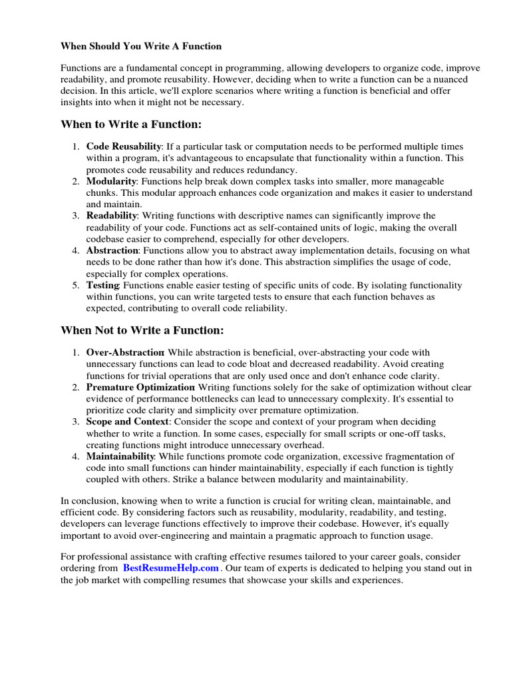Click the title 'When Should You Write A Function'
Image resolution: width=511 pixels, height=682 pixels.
coord(141,46)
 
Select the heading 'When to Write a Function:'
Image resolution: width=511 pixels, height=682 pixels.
coord(130,125)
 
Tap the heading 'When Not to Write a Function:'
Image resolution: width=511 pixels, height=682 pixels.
coord(142,330)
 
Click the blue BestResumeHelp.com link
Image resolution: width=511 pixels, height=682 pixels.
coord(171,568)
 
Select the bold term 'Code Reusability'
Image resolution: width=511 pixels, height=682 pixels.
coord(124,147)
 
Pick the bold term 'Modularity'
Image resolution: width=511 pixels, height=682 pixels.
coord(111,181)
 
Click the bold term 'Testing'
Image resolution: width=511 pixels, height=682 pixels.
coord(102,285)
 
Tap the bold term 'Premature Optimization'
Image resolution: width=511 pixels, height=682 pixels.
coord(140,387)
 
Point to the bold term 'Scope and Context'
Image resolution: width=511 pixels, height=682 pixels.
coord(128,422)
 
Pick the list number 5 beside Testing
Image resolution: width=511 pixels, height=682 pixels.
coord(77,285)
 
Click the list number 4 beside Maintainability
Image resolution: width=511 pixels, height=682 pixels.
coord(77,456)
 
